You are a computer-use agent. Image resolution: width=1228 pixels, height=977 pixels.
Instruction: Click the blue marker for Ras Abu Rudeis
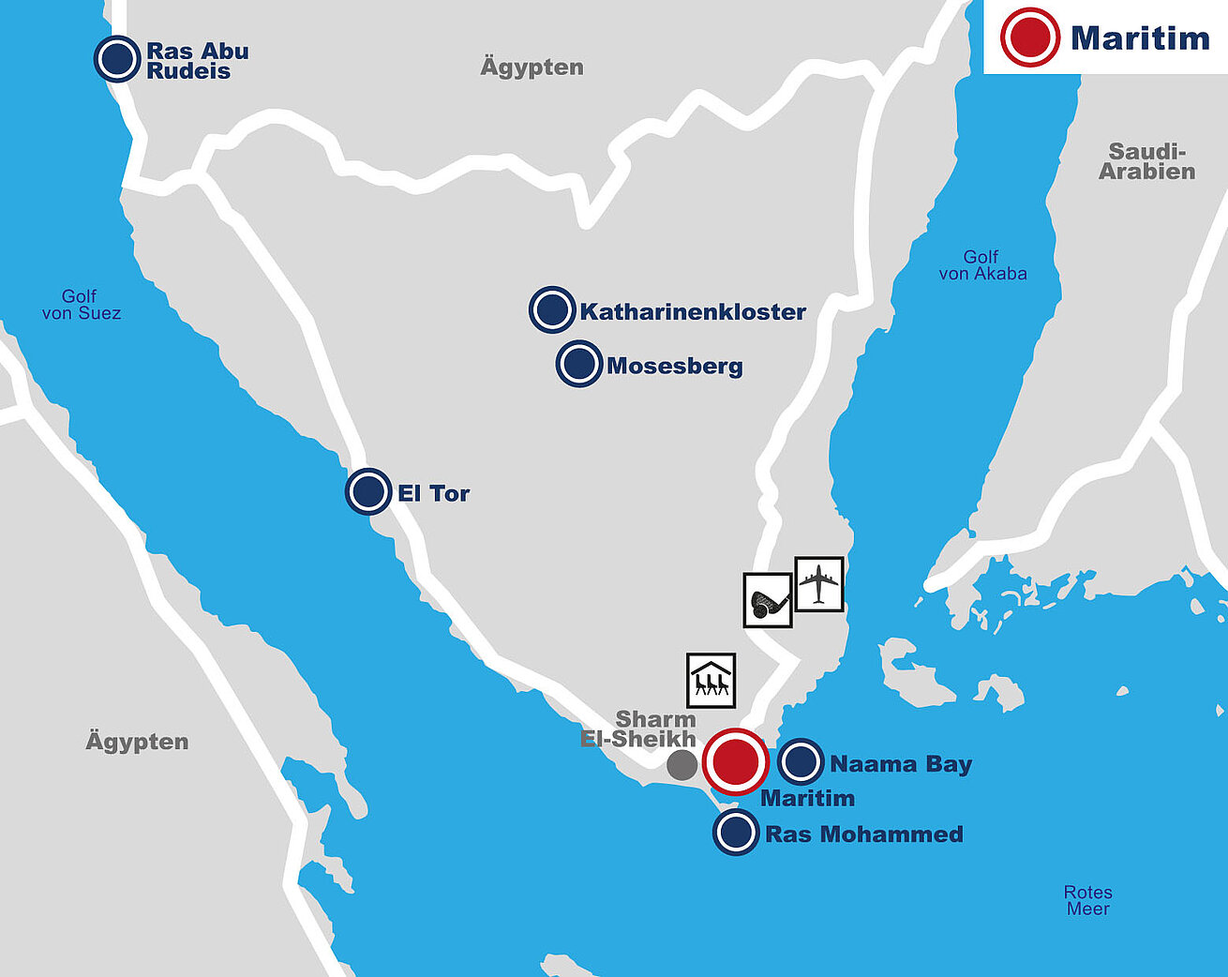[117, 59]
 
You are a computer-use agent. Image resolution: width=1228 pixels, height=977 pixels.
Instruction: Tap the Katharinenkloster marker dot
[552, 310]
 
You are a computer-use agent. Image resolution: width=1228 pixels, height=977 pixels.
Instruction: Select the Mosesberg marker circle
[579, 364]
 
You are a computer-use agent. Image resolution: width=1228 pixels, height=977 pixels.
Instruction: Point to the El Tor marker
[368, 491]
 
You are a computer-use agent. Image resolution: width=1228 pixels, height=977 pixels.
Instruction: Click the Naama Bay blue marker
[801, 761]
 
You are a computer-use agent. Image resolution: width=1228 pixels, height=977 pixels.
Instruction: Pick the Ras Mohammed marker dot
[737, 833]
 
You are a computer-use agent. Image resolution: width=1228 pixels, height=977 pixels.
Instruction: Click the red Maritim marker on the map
[736, 761]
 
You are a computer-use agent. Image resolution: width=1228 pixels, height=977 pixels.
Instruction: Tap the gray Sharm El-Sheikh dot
[681, 765]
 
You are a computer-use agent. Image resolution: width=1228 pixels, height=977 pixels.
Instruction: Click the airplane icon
[819, 584]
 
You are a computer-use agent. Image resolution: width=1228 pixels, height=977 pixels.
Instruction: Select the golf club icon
[768, 600]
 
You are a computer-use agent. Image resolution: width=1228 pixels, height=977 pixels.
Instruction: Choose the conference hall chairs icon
[711, 680]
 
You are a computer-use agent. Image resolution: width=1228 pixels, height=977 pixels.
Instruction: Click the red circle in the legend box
[1029, 38]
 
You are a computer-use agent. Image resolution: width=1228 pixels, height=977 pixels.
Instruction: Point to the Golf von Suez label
[81, 305]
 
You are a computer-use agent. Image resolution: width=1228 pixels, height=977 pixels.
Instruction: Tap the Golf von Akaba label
[982, 265]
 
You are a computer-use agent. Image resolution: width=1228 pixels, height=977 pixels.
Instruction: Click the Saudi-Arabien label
[1146, 161]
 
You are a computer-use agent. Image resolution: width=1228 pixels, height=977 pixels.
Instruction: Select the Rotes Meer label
[1087, 900]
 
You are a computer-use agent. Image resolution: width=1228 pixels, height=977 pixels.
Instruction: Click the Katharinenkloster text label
[693, 312]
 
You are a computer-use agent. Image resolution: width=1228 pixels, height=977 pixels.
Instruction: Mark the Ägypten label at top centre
[532, 68]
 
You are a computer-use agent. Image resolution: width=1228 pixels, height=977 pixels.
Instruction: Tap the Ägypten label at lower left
[137, 742]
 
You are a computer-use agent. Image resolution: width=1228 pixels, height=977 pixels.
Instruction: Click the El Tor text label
[433, 493]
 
